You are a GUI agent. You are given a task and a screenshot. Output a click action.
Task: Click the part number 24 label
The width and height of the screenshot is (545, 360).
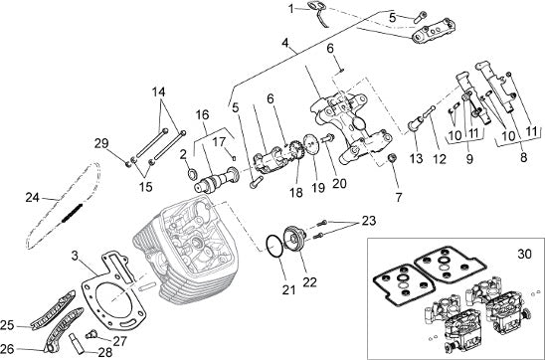tap(33, 197)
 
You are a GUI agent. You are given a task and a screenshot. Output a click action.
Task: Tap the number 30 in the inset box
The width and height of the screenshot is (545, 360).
tap(524, 254)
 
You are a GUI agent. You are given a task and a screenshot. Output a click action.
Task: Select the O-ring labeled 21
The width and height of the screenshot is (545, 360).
tap(274, 247)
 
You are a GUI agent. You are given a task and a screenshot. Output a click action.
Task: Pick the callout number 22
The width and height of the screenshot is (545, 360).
tap(309, 282)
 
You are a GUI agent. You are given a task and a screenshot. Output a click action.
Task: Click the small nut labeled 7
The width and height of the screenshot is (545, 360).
tap(392, 157)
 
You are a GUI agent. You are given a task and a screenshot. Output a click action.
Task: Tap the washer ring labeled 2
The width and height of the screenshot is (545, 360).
tap(192, 174)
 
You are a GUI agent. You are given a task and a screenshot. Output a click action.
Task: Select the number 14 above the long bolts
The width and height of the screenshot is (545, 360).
tap(158, 92)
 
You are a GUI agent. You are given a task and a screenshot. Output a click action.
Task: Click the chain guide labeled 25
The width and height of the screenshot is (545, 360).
tap(53, 311)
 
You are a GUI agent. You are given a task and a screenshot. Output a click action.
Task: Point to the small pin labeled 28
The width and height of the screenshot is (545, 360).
tap(77, 344)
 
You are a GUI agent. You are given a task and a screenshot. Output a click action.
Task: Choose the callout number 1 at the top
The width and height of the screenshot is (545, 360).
tap(291, 9)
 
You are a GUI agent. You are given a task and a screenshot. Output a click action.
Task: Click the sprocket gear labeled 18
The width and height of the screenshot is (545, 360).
tap(295, 150)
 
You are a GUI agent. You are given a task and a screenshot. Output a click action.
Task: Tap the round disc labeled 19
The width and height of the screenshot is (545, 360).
tap(309, 143)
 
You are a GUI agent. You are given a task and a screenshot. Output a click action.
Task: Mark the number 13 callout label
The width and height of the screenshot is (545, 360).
tap(416, 158)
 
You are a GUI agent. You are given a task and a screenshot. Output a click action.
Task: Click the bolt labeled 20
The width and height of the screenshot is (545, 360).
tap(327, 138)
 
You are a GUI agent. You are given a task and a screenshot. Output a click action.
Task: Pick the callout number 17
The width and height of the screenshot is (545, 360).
tap(220, 142)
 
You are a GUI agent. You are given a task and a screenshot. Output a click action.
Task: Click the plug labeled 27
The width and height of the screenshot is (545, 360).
tap(91, 334)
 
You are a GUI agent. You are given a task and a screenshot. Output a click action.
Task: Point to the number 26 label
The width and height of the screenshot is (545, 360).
tap(7, 348)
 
